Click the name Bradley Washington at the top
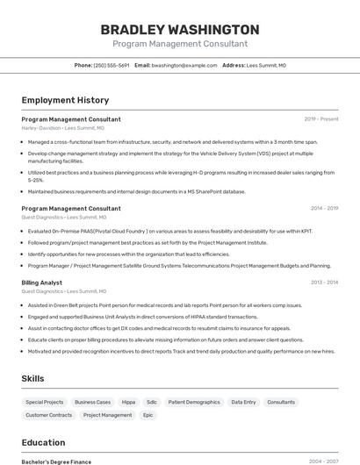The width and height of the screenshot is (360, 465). click(x=180, y=29)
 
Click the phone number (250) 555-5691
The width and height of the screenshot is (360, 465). click(x=112, y=65)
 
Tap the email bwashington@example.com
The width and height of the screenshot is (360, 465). click(x=184, y=65)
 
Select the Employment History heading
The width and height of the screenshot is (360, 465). click(x=65, y=100)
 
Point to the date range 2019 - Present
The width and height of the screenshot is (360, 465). click(x=320, y=119)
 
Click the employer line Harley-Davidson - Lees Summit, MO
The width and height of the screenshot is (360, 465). click(x=63, y=128)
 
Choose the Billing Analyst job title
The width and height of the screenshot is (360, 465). click(x=41, y=283)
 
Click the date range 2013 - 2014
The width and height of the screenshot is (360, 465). click(x=322, y=283)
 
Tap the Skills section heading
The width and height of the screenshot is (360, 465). click(x=34, y=378)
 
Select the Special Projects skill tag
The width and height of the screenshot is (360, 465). click(x=43, y=401)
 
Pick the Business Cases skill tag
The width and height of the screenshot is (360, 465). click(x=92, y=401)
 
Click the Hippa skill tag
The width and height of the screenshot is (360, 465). click(x=128, y=401)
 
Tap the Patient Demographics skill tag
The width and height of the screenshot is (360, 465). click(x=193, y=401)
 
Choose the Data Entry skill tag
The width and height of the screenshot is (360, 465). click(x=243, y=401)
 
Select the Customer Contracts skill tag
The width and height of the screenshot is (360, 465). click(x=49, y=415)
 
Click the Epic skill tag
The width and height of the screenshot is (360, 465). click(x=148, y=415)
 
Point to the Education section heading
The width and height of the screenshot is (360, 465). click(x=43, y=442)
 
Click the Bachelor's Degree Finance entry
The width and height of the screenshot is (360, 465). click(x=56, y=461)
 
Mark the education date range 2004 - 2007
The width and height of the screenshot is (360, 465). click(x=322, y=461)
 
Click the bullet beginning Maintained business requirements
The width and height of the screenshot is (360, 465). click(x=137, y=191)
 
